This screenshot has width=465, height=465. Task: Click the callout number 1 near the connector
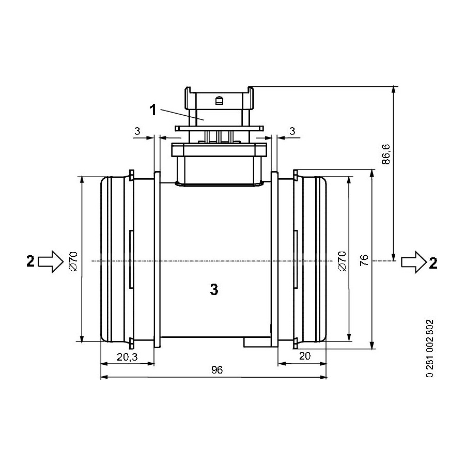153,110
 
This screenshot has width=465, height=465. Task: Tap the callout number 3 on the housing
214,289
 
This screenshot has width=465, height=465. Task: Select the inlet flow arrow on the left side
51,261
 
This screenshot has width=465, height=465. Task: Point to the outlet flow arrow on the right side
414,262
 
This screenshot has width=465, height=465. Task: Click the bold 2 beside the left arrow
30,261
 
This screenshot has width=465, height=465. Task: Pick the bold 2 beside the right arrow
433,263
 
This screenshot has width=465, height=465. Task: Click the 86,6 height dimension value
386,154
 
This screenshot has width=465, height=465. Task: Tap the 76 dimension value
364,260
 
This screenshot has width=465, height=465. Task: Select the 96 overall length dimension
217,370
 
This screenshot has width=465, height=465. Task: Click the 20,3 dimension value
127,357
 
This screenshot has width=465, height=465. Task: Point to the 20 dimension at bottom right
305,356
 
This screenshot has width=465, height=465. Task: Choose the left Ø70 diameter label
73,261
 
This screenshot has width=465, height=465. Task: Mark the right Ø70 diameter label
342,261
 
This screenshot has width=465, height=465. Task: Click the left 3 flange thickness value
137,131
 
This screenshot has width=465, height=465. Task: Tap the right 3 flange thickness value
292,131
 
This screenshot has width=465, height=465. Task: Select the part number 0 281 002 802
430,348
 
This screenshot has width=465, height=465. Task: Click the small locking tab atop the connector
220,101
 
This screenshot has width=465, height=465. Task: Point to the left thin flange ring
157,259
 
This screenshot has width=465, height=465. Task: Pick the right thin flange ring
275,259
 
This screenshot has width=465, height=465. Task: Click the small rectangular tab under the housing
257,342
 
